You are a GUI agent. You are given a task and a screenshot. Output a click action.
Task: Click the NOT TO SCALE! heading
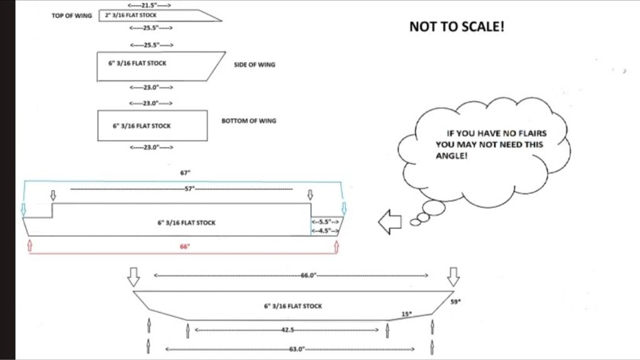[457, 26]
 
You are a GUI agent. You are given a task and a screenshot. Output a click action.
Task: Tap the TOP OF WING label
[72, 16]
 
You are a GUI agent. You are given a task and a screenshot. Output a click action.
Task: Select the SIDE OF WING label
[254, 64]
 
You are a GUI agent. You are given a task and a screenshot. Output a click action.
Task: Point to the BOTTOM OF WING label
[249, 121]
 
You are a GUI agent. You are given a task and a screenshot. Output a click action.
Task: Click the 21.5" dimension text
[149, 5]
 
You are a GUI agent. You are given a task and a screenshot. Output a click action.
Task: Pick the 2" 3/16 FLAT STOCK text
[131, 15]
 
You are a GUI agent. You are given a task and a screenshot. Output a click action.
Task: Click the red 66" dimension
[185, 246]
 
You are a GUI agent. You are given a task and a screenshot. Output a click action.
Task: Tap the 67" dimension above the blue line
[185, 173]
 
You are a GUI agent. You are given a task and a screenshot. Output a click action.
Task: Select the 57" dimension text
[189, 189]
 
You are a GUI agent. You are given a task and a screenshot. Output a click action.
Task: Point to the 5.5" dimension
[325, 222]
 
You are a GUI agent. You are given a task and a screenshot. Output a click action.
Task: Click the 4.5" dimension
[325, 231]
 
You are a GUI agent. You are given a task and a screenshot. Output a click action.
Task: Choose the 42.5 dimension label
[287, 330]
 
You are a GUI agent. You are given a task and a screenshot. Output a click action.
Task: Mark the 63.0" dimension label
[297, 349]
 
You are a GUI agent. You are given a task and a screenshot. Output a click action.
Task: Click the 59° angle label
[456, 302]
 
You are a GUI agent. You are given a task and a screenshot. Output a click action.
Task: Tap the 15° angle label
[406, 314]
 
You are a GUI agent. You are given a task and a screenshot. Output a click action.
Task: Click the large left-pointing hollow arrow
[390, 222]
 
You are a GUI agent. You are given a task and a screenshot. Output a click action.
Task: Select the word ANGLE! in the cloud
[451, 156]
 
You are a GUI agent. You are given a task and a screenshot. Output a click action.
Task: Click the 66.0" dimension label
[309, 276]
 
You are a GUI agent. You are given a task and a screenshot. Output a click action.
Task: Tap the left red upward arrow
[29, 245]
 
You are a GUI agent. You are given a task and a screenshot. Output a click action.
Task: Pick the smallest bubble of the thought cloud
[415, 222]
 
